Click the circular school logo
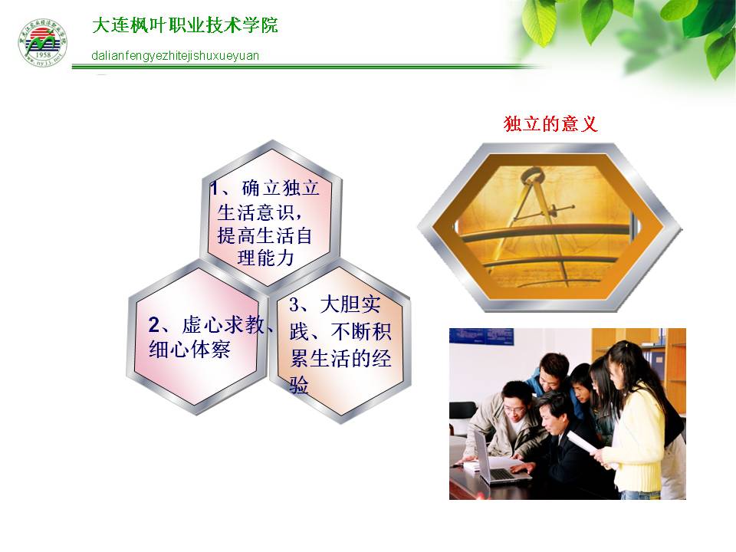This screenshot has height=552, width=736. point(43,43)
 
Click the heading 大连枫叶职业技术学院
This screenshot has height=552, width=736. point(185,25)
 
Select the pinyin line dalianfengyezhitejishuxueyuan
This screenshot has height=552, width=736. point(175,56)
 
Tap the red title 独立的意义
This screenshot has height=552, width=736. point(550,124)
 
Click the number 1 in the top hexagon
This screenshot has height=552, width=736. point(215,189)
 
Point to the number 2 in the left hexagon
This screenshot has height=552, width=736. point(154,325)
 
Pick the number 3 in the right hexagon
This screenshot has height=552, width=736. point(294,305)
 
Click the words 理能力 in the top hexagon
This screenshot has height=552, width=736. point(266,258)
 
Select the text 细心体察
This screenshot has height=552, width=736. point(189,350)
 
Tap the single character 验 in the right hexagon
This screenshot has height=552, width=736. point(299,386)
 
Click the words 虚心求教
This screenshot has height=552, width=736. point(223,325)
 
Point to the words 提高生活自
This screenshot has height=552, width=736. point(264,235)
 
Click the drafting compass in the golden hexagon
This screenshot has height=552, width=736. point(540,221)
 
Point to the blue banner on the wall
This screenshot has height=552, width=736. point(481,336)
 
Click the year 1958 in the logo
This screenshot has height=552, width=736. point(43,55)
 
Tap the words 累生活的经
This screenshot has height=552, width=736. point(340,359)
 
